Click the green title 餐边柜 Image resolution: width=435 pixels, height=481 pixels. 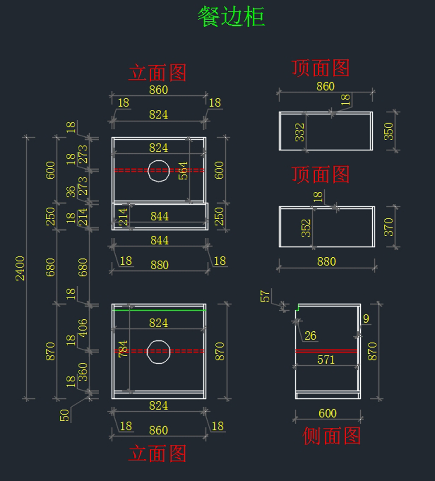[231, 17]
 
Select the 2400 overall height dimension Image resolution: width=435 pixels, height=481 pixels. [20, 268]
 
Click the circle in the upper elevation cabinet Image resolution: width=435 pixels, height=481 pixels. [159, 171]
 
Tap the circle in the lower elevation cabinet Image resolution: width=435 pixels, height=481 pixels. [158, 351]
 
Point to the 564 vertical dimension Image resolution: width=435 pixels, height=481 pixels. [183, 171]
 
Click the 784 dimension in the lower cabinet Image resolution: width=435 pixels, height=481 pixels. [123, 349]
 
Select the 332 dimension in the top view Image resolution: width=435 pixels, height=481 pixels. [300, 132]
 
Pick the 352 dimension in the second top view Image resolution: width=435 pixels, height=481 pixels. [306, 228]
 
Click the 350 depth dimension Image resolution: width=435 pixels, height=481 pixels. [389, 131]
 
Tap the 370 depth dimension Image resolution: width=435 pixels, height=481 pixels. [389, 227]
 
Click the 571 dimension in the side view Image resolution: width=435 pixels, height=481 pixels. [326, 360]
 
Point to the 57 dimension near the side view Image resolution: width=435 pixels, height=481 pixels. [265, 296]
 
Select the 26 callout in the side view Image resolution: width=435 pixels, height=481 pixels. [310, 336]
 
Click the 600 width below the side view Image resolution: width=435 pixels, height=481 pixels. [327, 413]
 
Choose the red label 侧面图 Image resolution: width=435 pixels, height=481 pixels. [332, 436]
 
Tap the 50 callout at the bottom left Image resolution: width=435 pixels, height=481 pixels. [65, 415]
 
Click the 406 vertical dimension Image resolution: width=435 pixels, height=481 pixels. [83, 328]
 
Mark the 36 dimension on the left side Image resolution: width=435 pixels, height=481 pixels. [71, 192]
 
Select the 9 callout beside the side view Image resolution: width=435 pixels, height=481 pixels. [366, 319]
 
